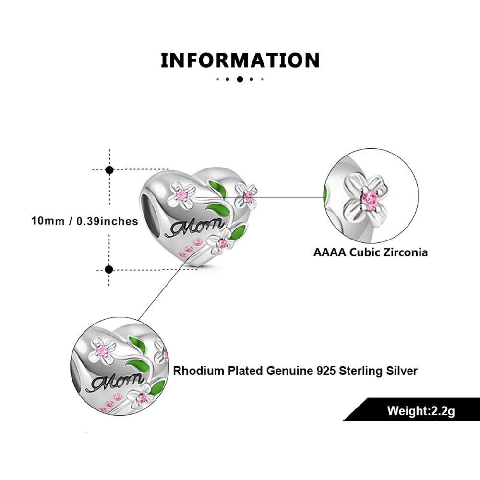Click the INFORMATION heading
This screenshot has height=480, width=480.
coord(240,60)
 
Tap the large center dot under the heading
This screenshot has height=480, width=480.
coord(240,79)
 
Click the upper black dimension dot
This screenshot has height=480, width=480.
coord(109,169)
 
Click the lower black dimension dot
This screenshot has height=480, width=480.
coord(109,269)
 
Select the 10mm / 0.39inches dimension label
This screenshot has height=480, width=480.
coord(85,221)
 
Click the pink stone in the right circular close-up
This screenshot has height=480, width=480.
coord(369,200)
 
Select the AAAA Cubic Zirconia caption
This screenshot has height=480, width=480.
coord(371,252)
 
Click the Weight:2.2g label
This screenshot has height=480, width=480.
coord(421,411)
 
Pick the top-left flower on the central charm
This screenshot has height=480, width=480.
coord(181,194)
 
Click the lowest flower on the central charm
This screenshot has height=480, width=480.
coord(221,243)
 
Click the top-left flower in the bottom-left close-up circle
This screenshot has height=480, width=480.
coord(102,350)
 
